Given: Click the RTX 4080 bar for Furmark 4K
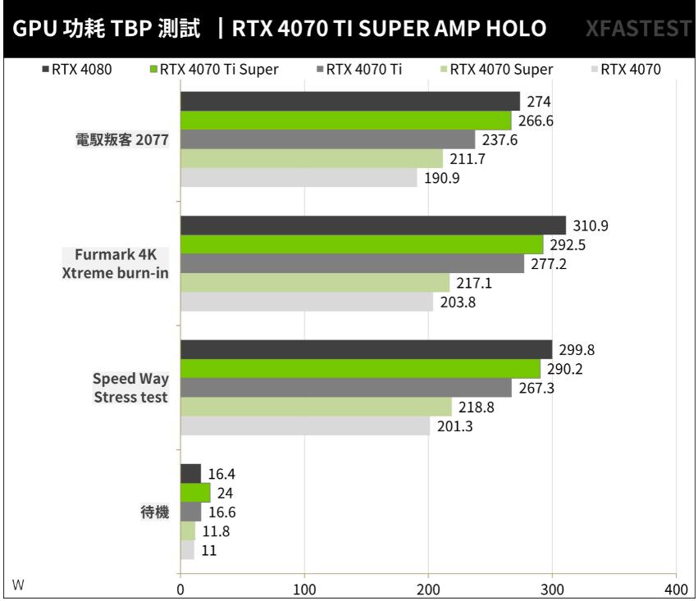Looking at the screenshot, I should coord(373,225).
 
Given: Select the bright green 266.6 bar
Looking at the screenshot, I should coord(345,121).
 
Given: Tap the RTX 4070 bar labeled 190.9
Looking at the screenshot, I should coord(299,178).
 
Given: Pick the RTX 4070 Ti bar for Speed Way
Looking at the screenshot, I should coord(345,388).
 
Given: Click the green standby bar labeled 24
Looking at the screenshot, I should coord(195,493).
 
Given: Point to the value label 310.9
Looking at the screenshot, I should coord(590,225).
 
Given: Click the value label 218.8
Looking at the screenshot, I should coord(475,407).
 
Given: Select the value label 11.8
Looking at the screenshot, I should coord(217,531).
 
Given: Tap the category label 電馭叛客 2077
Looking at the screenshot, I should coord(121,140).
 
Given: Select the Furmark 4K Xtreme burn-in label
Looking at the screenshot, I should coord(116,263).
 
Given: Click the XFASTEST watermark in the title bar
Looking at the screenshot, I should coord(638,29).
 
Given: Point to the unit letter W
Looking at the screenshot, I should coord(18,584).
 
